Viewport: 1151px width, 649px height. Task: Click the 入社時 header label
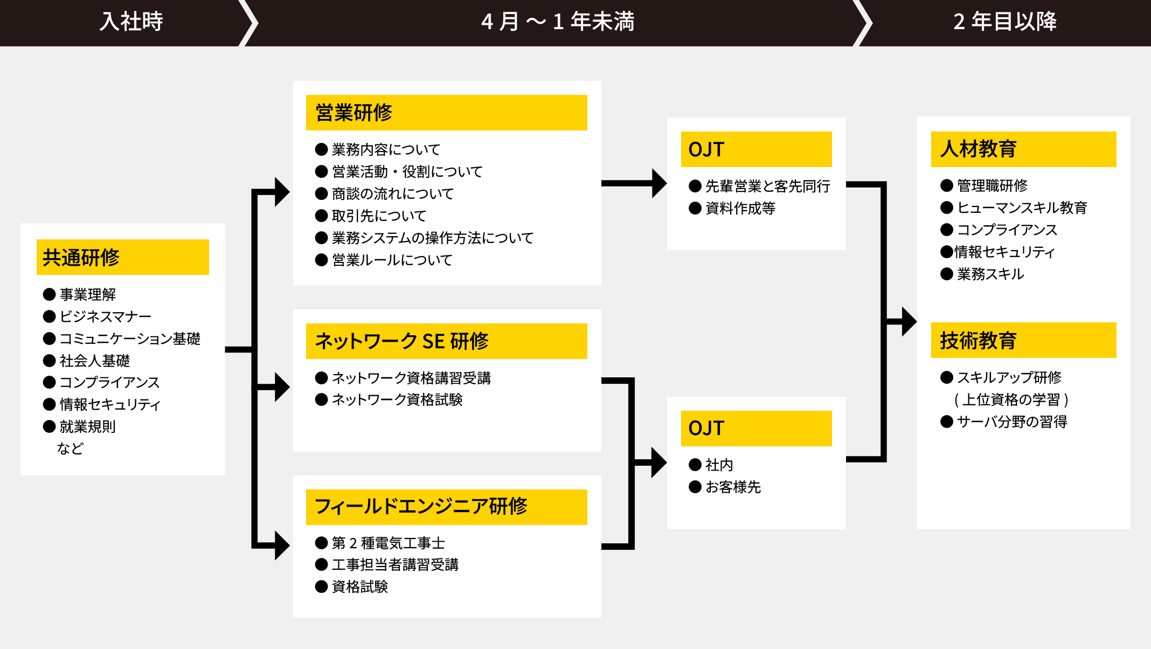[131, 22]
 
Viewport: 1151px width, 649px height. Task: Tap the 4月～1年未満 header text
[558, 22]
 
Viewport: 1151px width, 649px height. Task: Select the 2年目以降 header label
[1005, 22]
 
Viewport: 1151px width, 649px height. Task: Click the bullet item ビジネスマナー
[105, 316]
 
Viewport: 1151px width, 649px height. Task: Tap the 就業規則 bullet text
[87, 426]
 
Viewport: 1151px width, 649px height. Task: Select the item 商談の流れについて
[392, 194]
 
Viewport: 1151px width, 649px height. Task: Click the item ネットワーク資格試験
[397, 399]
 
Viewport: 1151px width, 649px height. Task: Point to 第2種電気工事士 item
[388, 543]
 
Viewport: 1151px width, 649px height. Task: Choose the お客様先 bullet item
[733, 487]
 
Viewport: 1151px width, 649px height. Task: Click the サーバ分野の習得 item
[1011, 422]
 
